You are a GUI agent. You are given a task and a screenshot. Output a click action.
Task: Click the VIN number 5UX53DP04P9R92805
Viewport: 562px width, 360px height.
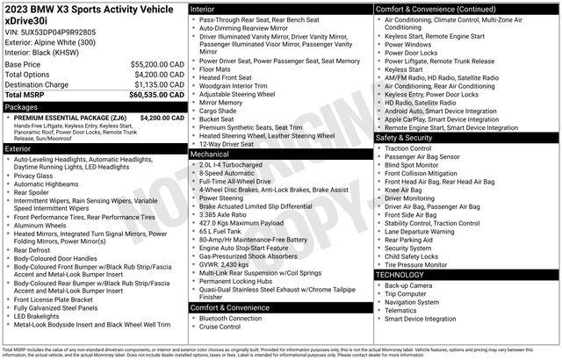(x=51, y=31)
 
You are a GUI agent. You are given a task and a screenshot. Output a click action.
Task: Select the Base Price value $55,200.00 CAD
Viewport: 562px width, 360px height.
(x=156, y=65)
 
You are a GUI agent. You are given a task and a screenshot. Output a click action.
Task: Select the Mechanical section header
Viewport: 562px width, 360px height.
(x=210, y=154)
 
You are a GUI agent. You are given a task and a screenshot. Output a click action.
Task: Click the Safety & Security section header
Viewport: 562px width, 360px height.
(x=405, y=138)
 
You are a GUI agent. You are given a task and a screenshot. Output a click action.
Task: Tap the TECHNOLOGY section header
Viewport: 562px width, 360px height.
(x=400, y=276)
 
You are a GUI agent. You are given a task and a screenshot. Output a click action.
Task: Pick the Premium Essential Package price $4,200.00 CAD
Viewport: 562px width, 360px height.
(x=161, y=117)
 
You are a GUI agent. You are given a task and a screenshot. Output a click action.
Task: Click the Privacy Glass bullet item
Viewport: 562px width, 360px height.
(x=34, y=176)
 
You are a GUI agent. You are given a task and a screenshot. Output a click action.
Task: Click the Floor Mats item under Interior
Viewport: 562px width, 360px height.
(x=215, y=68)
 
